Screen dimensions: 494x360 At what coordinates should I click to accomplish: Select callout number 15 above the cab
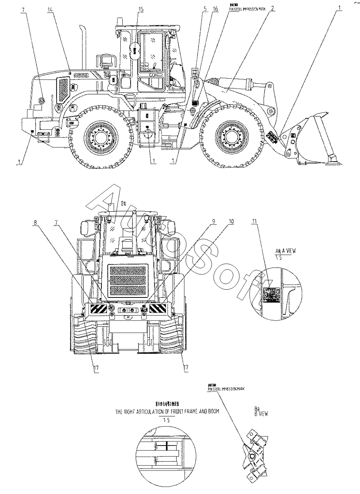click(141, 9)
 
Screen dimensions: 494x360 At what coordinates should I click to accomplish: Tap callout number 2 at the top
click(273, 8)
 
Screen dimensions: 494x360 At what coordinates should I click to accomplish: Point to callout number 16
click(216, 8)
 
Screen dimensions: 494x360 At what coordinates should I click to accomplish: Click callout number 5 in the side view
click(204, 8)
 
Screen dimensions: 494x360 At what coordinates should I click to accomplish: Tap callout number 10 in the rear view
click(232, 222)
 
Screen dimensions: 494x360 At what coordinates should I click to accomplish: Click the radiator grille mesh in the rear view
click(128, 281)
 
